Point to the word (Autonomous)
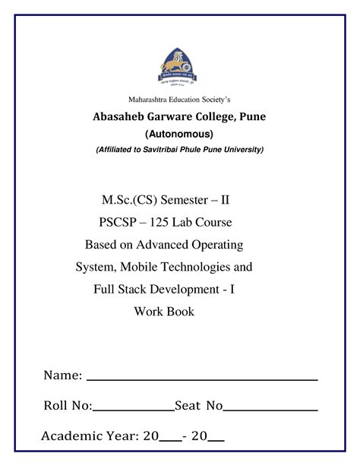tap(179, 134)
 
